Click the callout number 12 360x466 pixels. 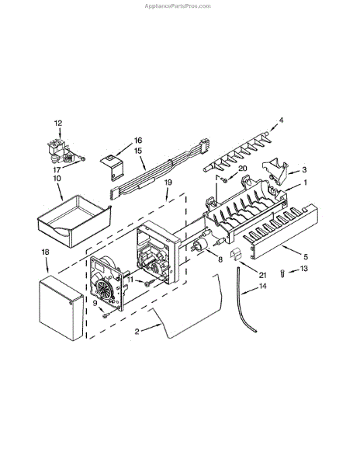click(58, 123)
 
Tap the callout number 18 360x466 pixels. click(45, 252)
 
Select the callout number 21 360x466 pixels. click(262, 276)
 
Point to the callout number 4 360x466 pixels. click(281, 120)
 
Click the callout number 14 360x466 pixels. click(263, 286)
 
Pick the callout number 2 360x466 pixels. click(137, 332)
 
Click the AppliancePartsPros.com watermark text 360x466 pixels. click(178, 6)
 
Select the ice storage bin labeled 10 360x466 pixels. click(74, 221)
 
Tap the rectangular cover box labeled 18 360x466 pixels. click(61, 308)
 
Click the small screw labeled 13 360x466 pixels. click(282, 273)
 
